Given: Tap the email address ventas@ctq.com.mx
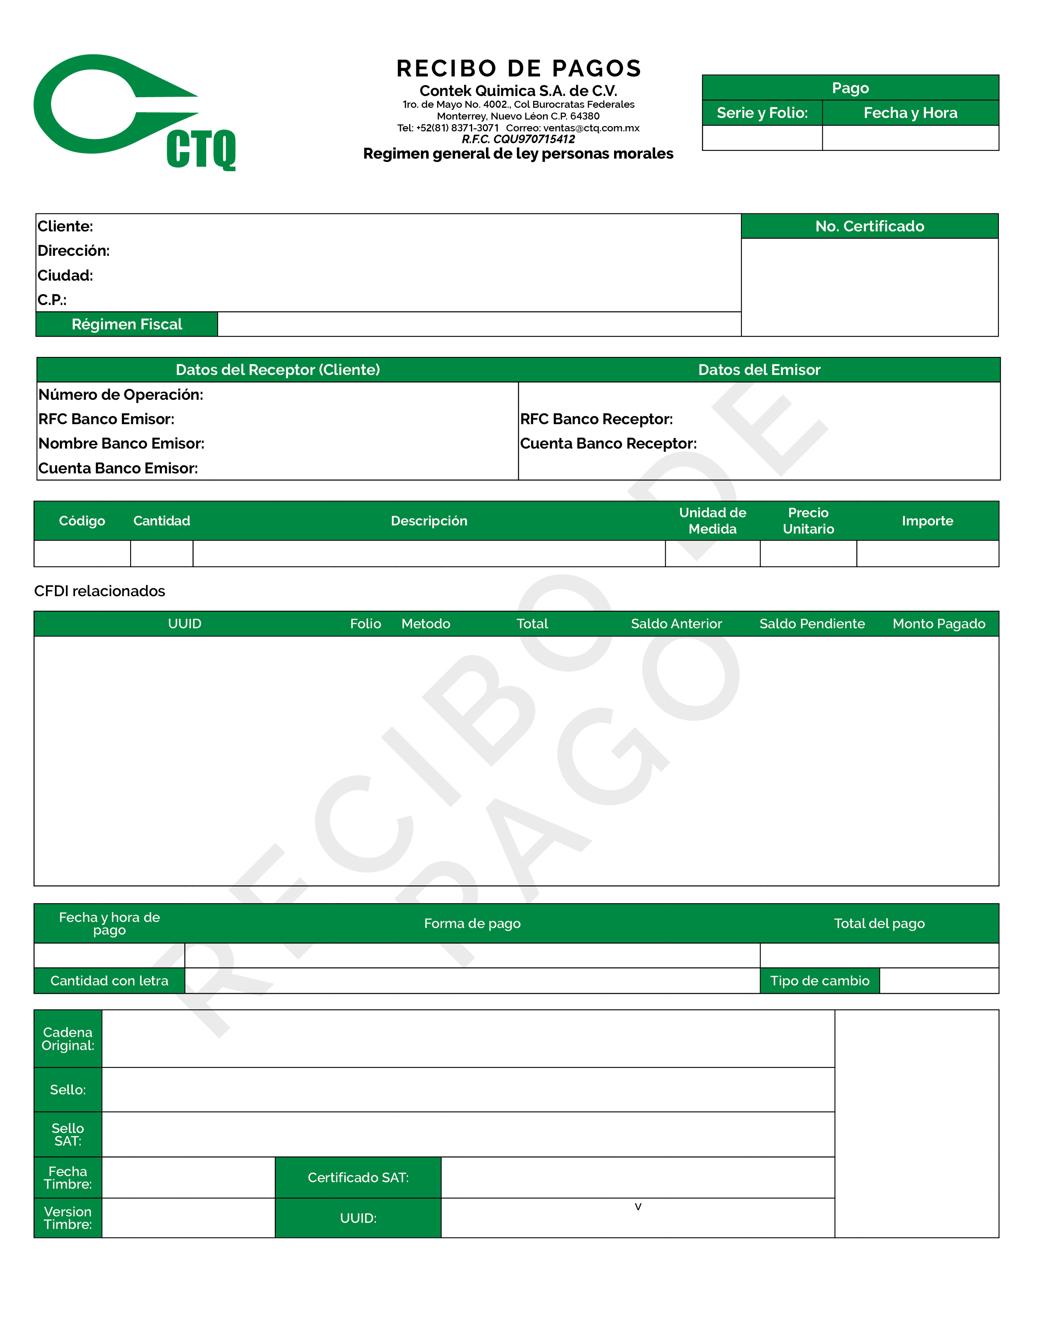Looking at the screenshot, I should click(x=590, y=128).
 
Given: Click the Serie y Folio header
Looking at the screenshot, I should click(x=762, y=113).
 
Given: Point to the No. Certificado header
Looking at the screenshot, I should click(x=869, y=226).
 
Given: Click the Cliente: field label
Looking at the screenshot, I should click(x=65, y=226).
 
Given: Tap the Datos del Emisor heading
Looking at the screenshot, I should click(x=759, y=370).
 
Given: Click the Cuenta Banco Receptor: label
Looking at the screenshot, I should click(x=608, y=444).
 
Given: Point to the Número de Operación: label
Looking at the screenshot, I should click(x=120, y=394).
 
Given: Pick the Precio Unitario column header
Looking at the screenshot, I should click(x=808, y=521).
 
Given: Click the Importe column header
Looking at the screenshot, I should click(x=927, y=521).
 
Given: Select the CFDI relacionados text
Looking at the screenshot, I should click(x=100, y=591).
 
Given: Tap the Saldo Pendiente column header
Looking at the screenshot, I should click(x=812, y=624).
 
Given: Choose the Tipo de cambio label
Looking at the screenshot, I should click(x=819, y=981).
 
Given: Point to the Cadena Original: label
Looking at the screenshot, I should click(x=68, y=1039).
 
